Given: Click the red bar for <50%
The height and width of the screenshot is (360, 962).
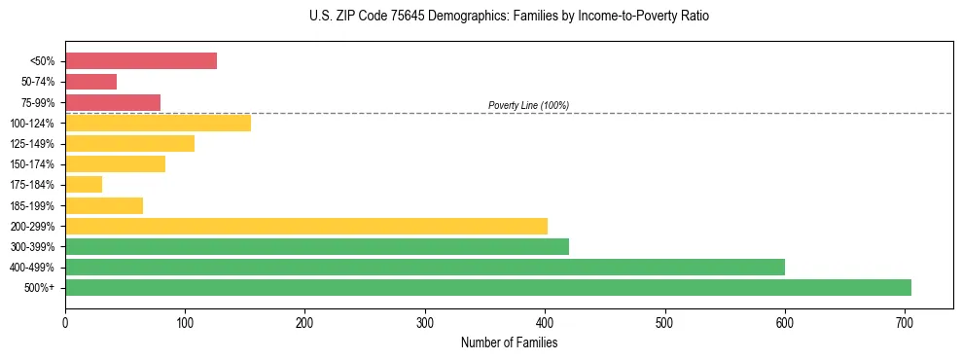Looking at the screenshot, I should pos(141,61).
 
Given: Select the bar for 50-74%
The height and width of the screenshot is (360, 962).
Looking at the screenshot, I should pos(90,82).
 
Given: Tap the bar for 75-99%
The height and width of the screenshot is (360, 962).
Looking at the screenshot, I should pos(113,102).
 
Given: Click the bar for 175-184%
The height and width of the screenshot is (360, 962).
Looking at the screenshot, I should pos(84,185).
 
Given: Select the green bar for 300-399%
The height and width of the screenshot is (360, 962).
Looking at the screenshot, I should pos(317,246).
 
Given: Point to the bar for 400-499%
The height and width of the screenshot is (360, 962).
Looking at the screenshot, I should pos(425,267).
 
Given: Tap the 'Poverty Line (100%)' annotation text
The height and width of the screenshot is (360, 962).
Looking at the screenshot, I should pos(528,105).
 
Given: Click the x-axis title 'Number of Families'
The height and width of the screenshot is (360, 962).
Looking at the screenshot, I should pos(509,342).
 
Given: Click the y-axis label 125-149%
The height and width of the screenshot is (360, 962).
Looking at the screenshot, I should pos(32,144).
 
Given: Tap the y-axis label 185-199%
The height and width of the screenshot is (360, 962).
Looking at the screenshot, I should pos(32,206).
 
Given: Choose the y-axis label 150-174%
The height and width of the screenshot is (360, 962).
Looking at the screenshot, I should pos(32,164).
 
